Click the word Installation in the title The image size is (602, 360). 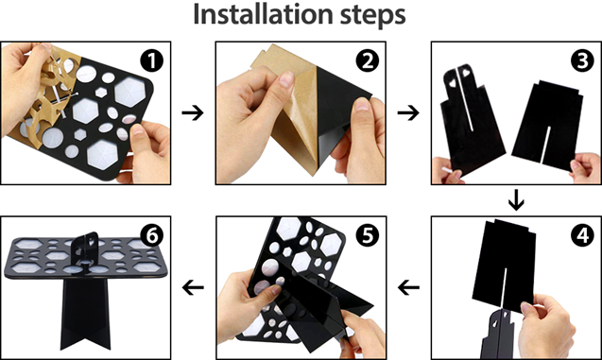click(x=262, y=14)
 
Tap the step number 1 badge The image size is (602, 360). click(x=151, y=60)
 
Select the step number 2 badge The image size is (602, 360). click(x=367, y=60)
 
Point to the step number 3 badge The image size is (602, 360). click(x=582, y=60)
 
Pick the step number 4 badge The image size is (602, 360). click(x=582, y=235)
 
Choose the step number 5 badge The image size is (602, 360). click(x=367, y=235)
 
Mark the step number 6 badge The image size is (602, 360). click(x=151, y=235)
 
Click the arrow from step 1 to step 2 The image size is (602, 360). click(x=193, y=112)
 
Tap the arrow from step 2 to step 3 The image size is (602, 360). click(x=408, y=112)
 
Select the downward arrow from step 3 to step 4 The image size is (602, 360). click(x=516, y=200)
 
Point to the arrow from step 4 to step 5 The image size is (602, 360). click(x=408, y=287)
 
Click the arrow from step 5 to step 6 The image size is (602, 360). click(x=193, y=287)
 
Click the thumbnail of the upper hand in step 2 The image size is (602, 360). click(x=286, y=79)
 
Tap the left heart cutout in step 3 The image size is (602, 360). click(x=449, y=81)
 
